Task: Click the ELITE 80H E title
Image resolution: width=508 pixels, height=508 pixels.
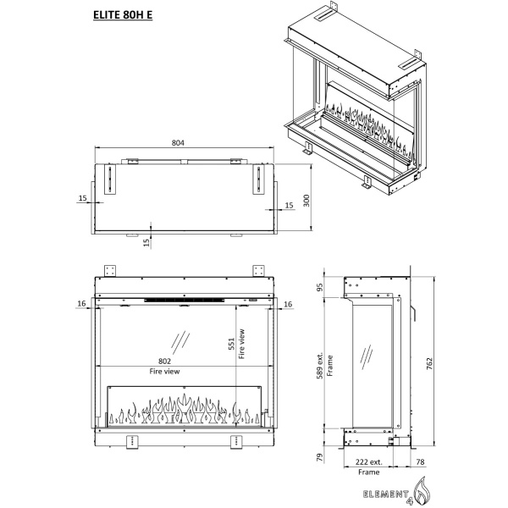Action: (123, 15)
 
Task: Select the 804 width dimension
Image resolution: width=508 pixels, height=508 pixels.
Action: (178, 142)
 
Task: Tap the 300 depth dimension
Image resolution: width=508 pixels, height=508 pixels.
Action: (306, 201)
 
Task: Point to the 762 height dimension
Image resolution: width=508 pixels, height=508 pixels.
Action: (429, 364)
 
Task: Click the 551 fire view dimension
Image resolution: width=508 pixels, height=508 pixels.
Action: (231, 344)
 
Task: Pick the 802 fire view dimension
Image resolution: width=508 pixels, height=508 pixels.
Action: (164, 361)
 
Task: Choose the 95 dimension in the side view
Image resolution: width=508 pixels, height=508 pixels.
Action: (320, 287)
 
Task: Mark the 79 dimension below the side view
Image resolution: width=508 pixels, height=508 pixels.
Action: (320, 457)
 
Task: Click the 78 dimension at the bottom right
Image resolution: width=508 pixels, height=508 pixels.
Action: (420, 461)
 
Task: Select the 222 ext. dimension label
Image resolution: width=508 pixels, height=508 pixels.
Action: (368, 461)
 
